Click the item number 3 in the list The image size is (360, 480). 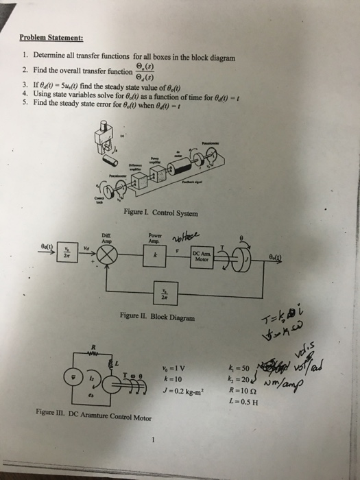pos(25,82)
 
